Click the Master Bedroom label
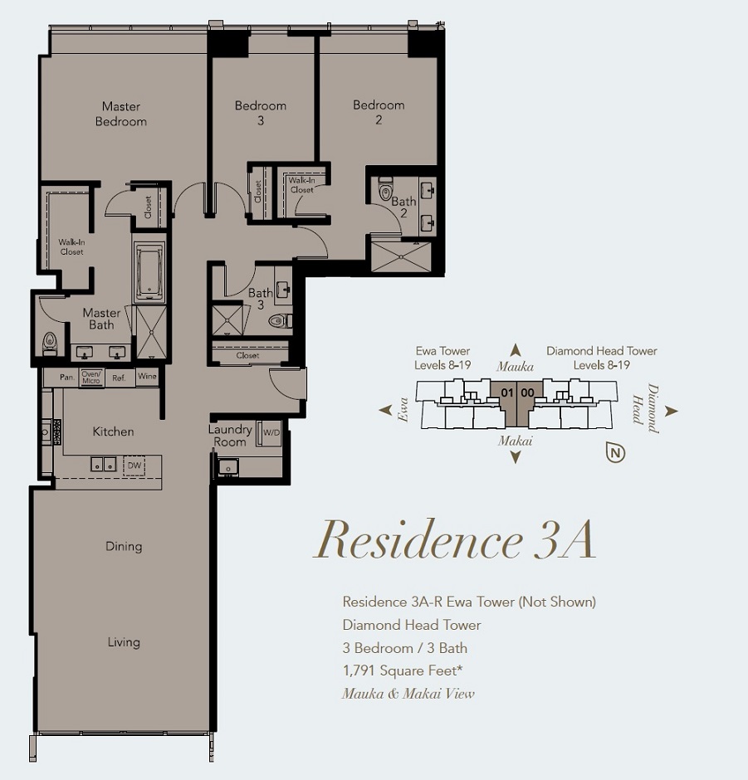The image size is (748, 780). click(121, 114)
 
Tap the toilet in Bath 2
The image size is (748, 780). click(386, 188)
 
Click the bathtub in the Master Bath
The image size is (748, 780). click(149, 273)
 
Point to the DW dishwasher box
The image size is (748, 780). click(134, 466)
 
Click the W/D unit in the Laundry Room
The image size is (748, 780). click(271, 433)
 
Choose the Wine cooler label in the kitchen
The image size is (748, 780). click(147, 376)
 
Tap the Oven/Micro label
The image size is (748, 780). click(91, 377)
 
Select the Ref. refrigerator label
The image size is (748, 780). click(119, 378)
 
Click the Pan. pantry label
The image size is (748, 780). click(67, 377)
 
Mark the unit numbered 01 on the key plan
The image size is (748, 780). click(506, 393)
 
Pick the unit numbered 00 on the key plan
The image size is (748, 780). click(527, 393)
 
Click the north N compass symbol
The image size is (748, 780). click(616, 453)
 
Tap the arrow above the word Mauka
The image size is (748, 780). click(516, 350)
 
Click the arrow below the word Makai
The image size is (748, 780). click(516, 457)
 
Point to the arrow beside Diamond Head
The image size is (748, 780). click(672, 411)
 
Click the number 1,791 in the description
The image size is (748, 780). click(359, 670)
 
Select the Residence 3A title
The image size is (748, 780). click(454, 540)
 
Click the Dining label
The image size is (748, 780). click(124, 546)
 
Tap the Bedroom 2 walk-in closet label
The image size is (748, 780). click(302, 185)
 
